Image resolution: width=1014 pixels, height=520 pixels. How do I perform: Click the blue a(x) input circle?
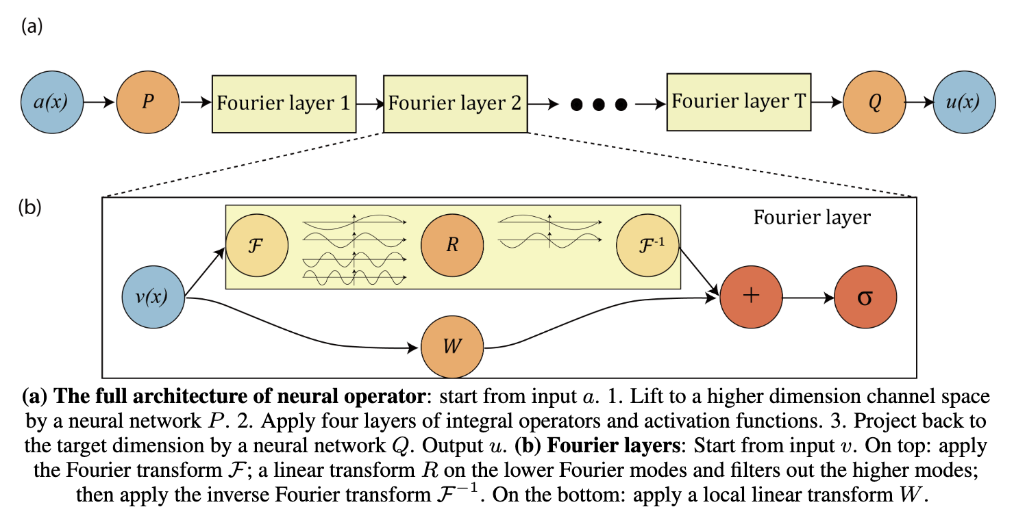pyautogui.click(x=52, y=102)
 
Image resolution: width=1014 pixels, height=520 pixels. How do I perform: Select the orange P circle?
pyautogui.click(x=148, y=102)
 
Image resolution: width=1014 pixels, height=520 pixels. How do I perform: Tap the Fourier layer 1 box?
pyautogui.click(x=284, y=104)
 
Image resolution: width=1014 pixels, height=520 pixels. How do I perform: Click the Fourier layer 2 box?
pyautogui.click(x=456, y=104)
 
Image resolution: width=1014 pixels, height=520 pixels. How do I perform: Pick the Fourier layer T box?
pyautogui.click(x=739, y=102)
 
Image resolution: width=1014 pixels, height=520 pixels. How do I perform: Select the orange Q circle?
pyautogui.click(x=874, y=102)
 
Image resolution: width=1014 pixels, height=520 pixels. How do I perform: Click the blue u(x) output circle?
pyautogui.click(x=964, y=102)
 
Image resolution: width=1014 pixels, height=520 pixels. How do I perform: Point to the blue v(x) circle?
pyautogui.click(x=153, y=297)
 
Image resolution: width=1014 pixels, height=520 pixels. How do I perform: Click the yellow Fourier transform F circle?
pyautogui.click(x=257, y=245)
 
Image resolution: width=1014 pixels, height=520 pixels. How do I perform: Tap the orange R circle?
pyautogui.click(x=452, y=245)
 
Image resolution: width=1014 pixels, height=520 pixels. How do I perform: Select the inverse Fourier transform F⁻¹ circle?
pyautogui.click(x=647, y=245)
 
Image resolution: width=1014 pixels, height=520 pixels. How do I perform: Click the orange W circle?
pyautogui.click(x=452, y=347)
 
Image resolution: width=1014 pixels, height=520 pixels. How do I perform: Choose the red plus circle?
pyautogui.click(x=752, y=297)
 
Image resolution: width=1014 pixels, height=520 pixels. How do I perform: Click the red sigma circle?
pyautogui.click(x=865, y=297)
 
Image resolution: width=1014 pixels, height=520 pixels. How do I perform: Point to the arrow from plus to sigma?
pyautogui.click(x=808, y=298)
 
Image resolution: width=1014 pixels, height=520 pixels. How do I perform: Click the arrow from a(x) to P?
pyautogui.click(x=99, y=102)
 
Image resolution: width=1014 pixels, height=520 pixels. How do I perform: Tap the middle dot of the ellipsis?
pyautogui.click(x=598, y=105)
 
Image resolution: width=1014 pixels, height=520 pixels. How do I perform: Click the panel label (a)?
pyautogui.click(x=32, y=26)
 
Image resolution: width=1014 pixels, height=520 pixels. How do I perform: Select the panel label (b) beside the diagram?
pyautogui.click(x=30, y=207)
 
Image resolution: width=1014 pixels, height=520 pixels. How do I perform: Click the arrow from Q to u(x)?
pyautogui.click(x=919, y=102)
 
